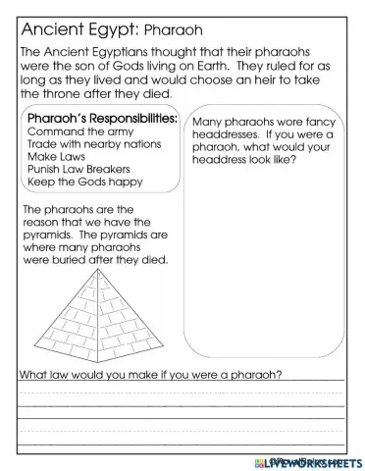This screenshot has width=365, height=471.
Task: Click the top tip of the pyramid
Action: (x=95, y=272)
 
